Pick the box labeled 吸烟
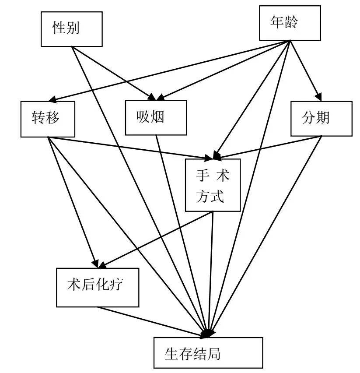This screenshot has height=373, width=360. pos(155,117)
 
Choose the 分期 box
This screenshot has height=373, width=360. pos(321,118)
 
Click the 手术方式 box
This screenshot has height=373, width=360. pos(213,185)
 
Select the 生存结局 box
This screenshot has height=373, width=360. pos(208,352)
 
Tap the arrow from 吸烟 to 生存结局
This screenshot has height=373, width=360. pos(184,236)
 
